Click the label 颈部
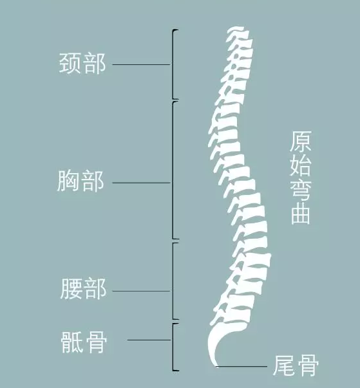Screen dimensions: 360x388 pos(82,63)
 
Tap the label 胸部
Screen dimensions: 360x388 pos(81,181)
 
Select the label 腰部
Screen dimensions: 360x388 pos(83,289)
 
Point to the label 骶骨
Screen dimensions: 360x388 pos(84,342)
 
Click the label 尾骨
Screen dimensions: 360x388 pos(296,365)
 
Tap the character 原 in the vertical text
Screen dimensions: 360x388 pos(301,142)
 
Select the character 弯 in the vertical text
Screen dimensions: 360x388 pos(301,191)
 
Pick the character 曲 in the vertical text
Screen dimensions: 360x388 pos(301,214)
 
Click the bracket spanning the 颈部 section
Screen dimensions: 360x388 pos(173,64)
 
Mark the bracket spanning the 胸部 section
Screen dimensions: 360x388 pos(173,170)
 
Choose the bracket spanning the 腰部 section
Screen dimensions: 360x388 pos(173,281)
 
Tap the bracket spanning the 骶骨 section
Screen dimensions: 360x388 pos(173,347)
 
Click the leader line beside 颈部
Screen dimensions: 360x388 pos(142,64)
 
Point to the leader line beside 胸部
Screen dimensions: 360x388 pos(142,183)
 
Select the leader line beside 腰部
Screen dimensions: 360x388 pos(142,291)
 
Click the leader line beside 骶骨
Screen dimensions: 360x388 pos(149,340)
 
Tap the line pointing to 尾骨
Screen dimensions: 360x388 pos(242,366)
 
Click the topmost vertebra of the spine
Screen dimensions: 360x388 pos(238,32)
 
